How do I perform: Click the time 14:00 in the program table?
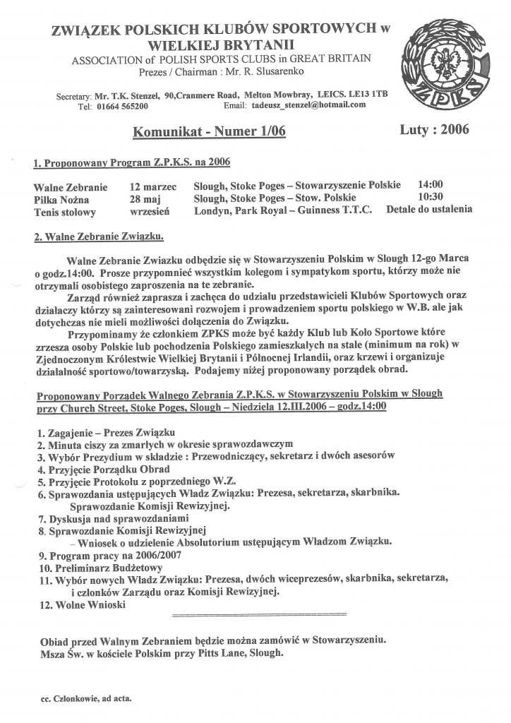point(433,185)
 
